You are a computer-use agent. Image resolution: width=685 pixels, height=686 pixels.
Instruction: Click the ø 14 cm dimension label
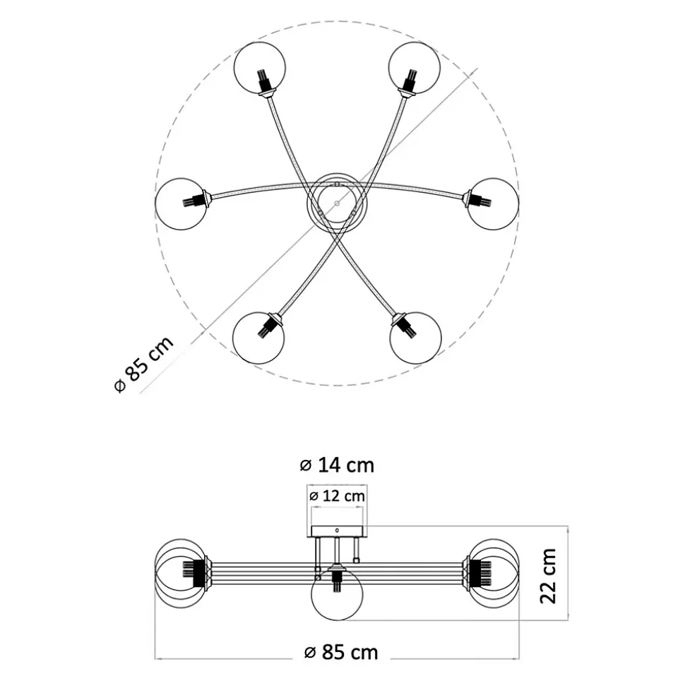point(337,465)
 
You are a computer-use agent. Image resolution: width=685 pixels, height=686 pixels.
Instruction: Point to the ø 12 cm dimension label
point(337,496)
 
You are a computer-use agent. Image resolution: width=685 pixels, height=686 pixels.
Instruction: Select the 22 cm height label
point(548,576)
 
